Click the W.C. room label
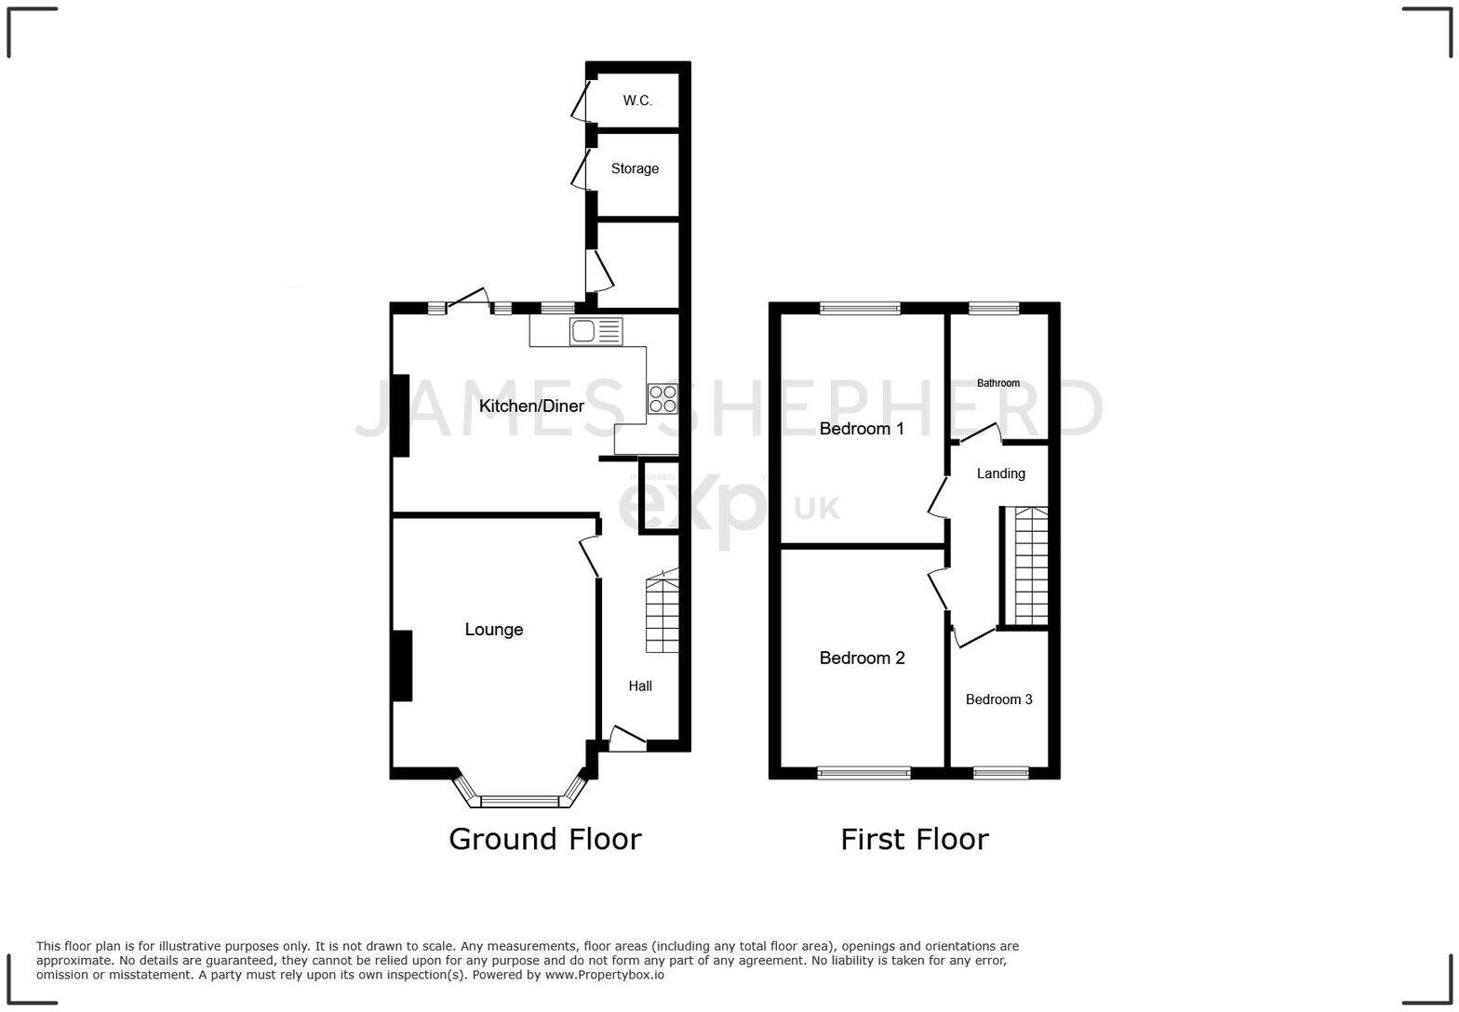[637, 100]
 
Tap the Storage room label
[635, 168]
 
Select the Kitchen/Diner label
[531, 406]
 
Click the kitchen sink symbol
[596, 331]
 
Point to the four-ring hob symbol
[663, 399]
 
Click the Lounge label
[493, 630]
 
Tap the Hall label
[640, 686]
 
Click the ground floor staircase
[662, 614]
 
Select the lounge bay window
[521, 798]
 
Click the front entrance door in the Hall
[627, 740]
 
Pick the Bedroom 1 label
[862, 429]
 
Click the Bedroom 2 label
[862, 658]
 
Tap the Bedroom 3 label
[998, 699]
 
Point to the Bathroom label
[998, 383]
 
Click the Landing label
[1000, 473]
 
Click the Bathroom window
[994, 308]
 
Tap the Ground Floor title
[545, 839]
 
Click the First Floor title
[914, 839]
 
